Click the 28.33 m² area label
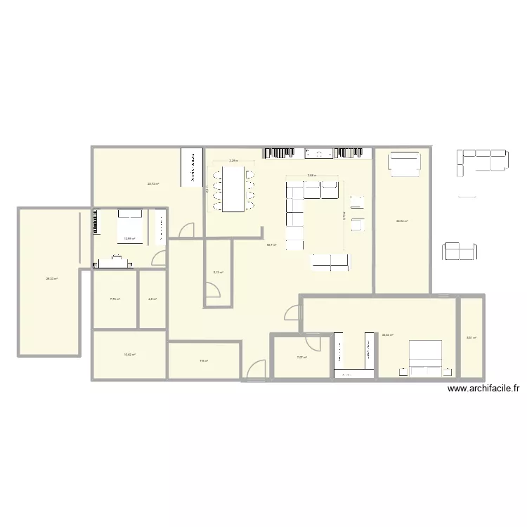51,279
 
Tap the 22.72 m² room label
152,184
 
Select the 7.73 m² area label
115,299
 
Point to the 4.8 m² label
152,299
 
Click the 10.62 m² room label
129,354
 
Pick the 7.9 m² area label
203,361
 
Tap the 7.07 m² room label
301,358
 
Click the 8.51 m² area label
471,338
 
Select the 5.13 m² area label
218,272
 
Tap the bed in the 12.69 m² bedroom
129,226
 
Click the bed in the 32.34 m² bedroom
426,354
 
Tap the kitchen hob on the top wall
319,152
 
